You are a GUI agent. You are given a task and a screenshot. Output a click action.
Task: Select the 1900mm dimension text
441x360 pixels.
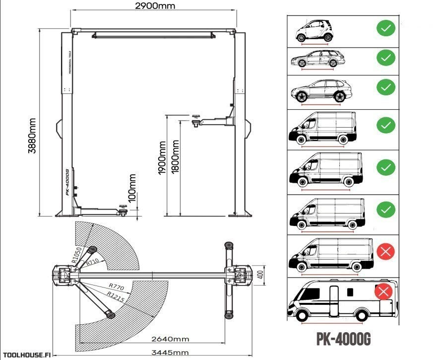click(162, 158)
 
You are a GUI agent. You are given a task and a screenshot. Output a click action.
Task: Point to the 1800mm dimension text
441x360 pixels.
click(175, 158)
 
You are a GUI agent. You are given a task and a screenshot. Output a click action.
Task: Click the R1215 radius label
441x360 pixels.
click(115, 296)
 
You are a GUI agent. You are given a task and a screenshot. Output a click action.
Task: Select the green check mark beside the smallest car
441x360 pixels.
click(385, 28)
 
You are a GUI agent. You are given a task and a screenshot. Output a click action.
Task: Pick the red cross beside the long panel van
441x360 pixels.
click(385, 252)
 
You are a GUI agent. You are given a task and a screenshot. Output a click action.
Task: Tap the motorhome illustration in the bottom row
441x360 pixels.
click(342, 301)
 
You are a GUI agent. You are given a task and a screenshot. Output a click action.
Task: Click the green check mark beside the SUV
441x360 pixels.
click(385, 88)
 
